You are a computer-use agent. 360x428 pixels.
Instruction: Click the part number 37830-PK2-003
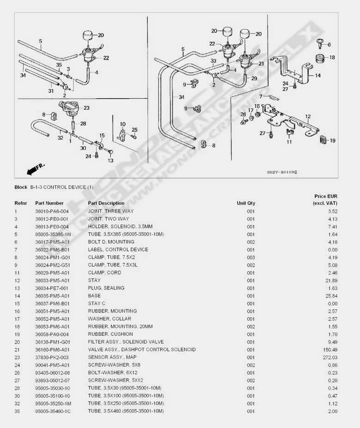click(52, 357)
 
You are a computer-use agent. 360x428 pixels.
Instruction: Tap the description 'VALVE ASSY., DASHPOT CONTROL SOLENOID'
click(142, 350)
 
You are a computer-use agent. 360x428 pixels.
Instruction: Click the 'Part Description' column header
click(106, 203)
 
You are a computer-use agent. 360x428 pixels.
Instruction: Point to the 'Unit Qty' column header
click(246, 203)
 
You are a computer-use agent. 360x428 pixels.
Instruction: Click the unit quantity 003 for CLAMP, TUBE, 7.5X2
click(251, 257)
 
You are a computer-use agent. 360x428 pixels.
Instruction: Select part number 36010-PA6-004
click(52, 211)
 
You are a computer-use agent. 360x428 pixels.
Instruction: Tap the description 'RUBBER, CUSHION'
click(110, 334)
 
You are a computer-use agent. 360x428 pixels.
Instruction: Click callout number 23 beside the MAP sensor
click(86, 108)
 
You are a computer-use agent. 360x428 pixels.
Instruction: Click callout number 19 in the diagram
click(332, 141)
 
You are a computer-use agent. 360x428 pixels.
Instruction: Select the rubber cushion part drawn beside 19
click(323, 139)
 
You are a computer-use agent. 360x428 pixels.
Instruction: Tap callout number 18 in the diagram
click(332, 57)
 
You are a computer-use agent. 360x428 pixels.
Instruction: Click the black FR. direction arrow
click(33, 170)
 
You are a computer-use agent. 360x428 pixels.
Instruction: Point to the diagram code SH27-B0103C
click(282, 172)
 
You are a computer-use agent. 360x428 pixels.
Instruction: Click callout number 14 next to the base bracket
click(318, 75)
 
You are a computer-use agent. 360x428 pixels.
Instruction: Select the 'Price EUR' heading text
click(326, 196)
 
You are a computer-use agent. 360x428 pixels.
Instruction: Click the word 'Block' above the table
click(21, 187)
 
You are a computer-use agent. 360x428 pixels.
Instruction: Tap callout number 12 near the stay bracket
click(308, 117)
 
